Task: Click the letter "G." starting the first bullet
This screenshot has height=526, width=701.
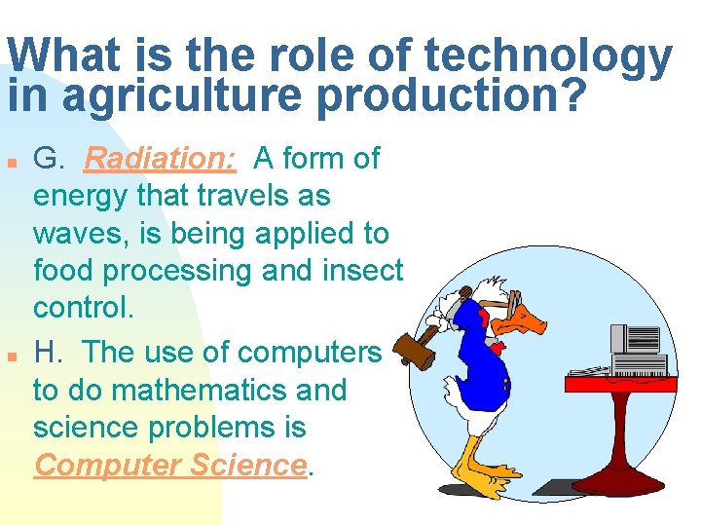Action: coord(50,157)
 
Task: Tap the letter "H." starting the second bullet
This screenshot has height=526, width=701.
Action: coord(50,351)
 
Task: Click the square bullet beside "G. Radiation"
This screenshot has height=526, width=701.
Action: coord(11,160)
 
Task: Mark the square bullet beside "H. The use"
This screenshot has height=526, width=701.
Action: coord(11,354)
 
